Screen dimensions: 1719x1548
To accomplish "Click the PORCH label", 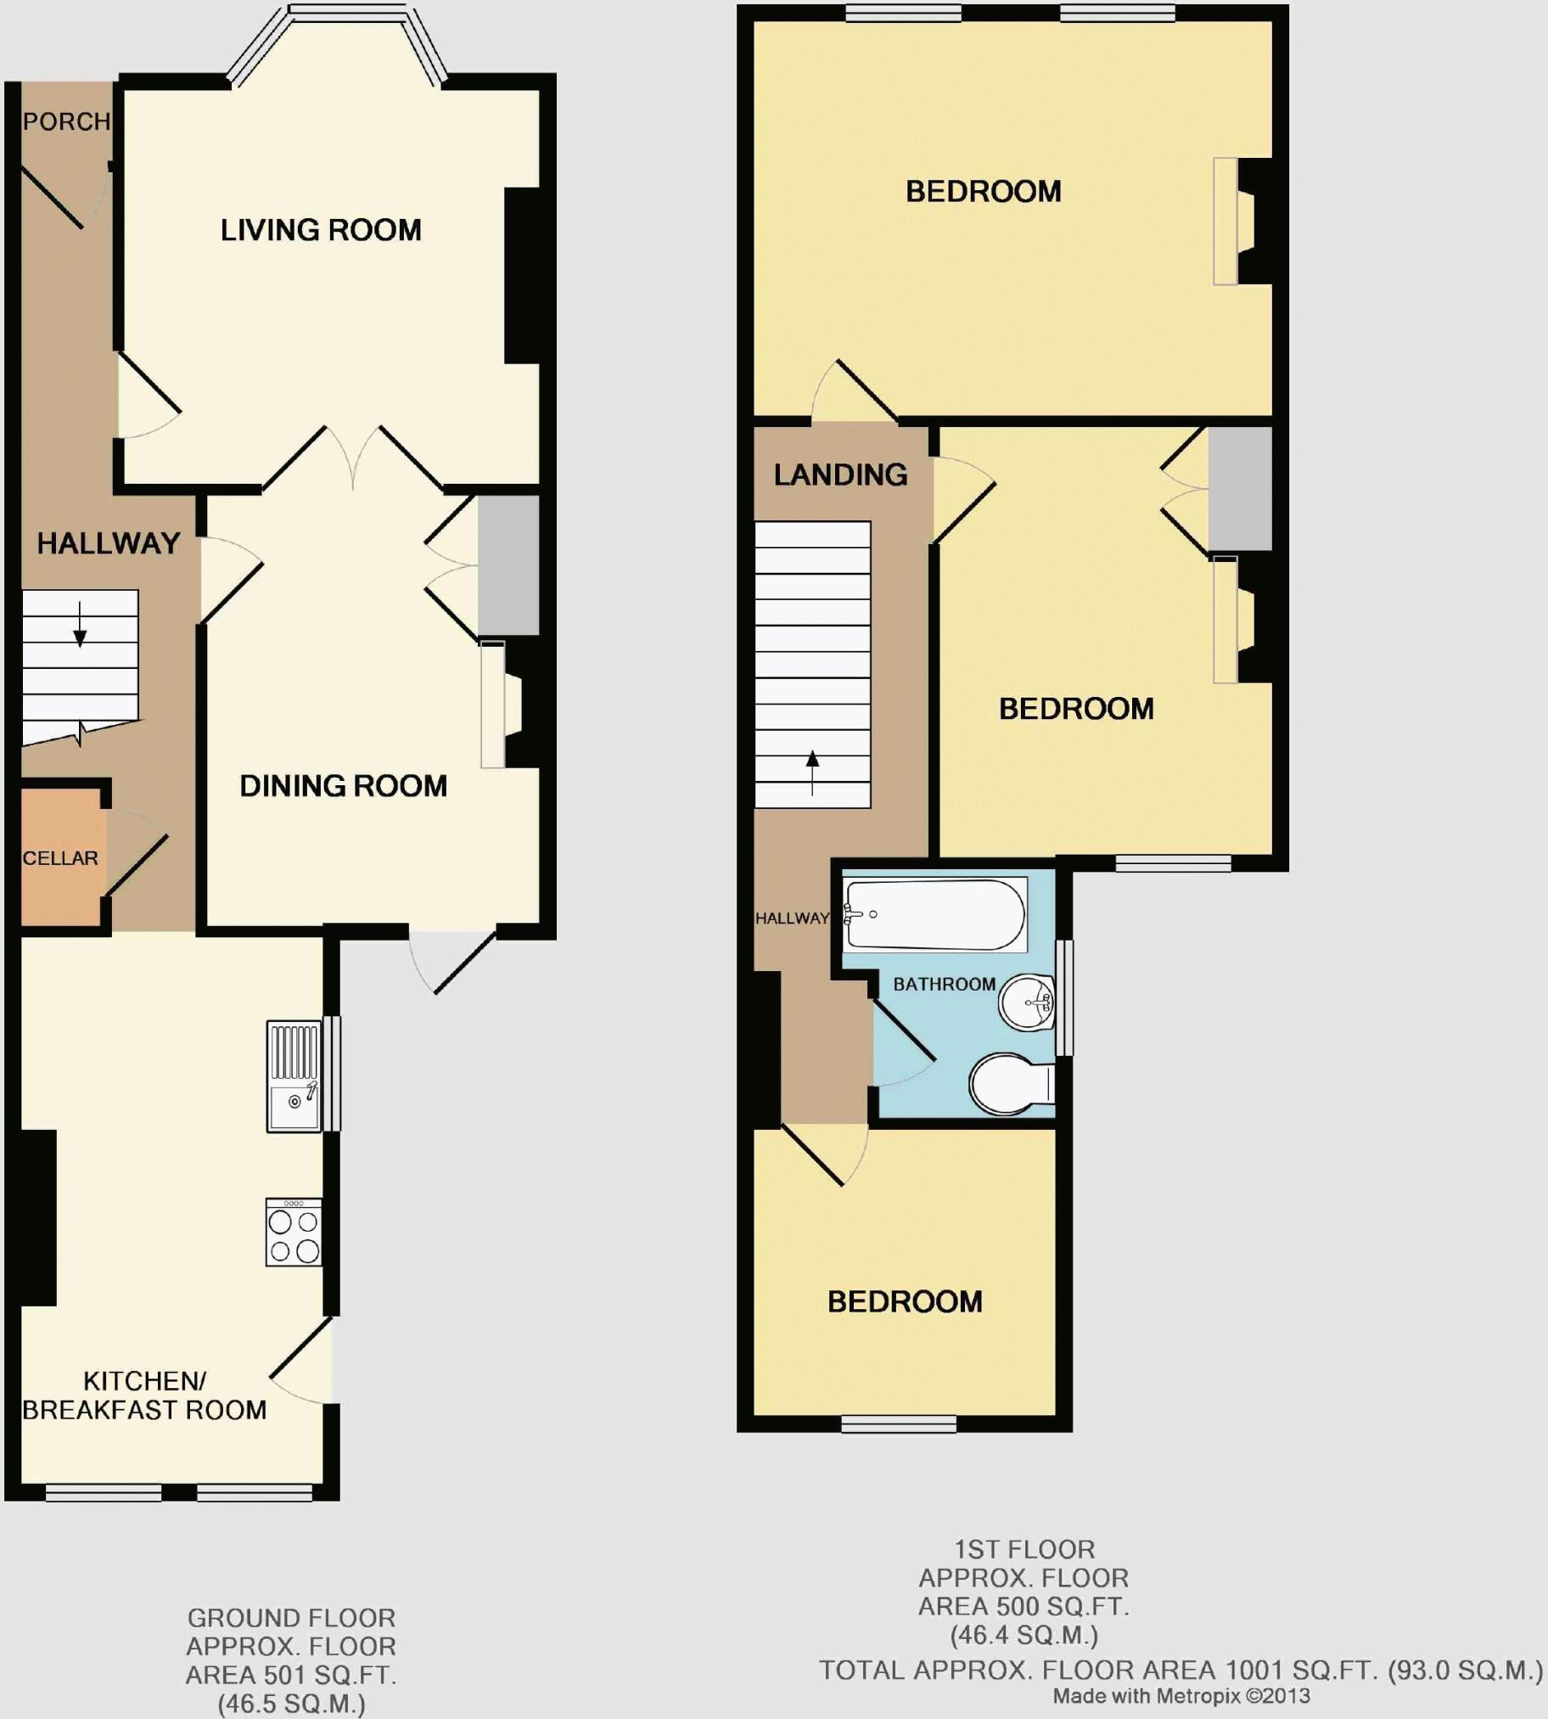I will coord(65,121).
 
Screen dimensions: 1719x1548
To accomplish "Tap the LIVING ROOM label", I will coord(321,230).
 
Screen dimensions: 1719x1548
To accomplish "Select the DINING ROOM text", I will coord(343,785).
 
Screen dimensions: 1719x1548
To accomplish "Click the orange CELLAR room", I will coord(59,857).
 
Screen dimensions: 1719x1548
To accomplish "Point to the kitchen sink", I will coord(294,1076).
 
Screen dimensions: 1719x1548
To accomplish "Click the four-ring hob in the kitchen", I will coord(294,1233).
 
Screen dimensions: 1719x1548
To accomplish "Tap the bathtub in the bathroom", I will coord(934,914).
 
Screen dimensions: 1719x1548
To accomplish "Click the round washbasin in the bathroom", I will coord(1026,1003).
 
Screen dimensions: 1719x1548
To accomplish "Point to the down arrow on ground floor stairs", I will coord(80,625).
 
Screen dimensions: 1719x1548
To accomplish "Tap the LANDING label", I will coord(840,475).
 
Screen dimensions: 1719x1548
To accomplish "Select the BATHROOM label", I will coord(943,984).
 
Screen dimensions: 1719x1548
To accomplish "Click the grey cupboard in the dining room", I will coord(508,565).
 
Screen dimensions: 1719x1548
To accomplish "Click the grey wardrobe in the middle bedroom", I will coord(1239,488).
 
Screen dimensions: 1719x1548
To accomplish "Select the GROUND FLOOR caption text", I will coord(291,1618).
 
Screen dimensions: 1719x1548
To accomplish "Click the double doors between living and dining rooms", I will coord(353,459).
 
